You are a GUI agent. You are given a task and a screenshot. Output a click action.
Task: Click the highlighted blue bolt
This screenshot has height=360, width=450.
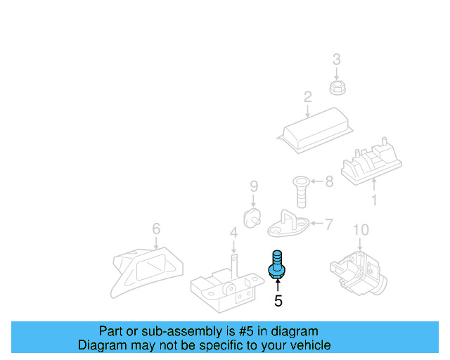[277, 264]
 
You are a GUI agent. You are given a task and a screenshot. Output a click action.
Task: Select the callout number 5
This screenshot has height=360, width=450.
[278, 301]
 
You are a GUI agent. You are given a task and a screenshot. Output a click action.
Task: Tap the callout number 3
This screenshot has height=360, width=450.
[336, 59]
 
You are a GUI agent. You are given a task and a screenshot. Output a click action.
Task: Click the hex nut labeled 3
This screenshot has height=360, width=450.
[336, 86]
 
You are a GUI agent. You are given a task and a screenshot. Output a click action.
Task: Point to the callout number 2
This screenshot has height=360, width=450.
[307, 96]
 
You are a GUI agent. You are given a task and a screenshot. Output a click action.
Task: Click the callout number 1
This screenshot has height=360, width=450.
[373, 200]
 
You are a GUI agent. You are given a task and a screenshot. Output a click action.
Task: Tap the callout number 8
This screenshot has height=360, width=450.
[329, 183]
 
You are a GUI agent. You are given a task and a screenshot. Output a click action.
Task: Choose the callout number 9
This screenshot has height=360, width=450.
[254, 186]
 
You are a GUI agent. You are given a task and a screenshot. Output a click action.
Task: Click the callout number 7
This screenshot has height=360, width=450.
[329, 225]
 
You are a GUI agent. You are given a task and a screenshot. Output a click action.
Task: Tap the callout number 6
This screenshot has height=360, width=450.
[156, 229]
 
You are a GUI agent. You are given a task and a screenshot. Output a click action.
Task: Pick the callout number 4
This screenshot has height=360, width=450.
[233, 232]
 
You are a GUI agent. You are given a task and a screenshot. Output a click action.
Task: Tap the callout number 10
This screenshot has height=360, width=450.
[360, 229]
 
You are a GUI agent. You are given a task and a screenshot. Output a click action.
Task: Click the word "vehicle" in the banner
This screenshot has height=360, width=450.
[307, 345]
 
